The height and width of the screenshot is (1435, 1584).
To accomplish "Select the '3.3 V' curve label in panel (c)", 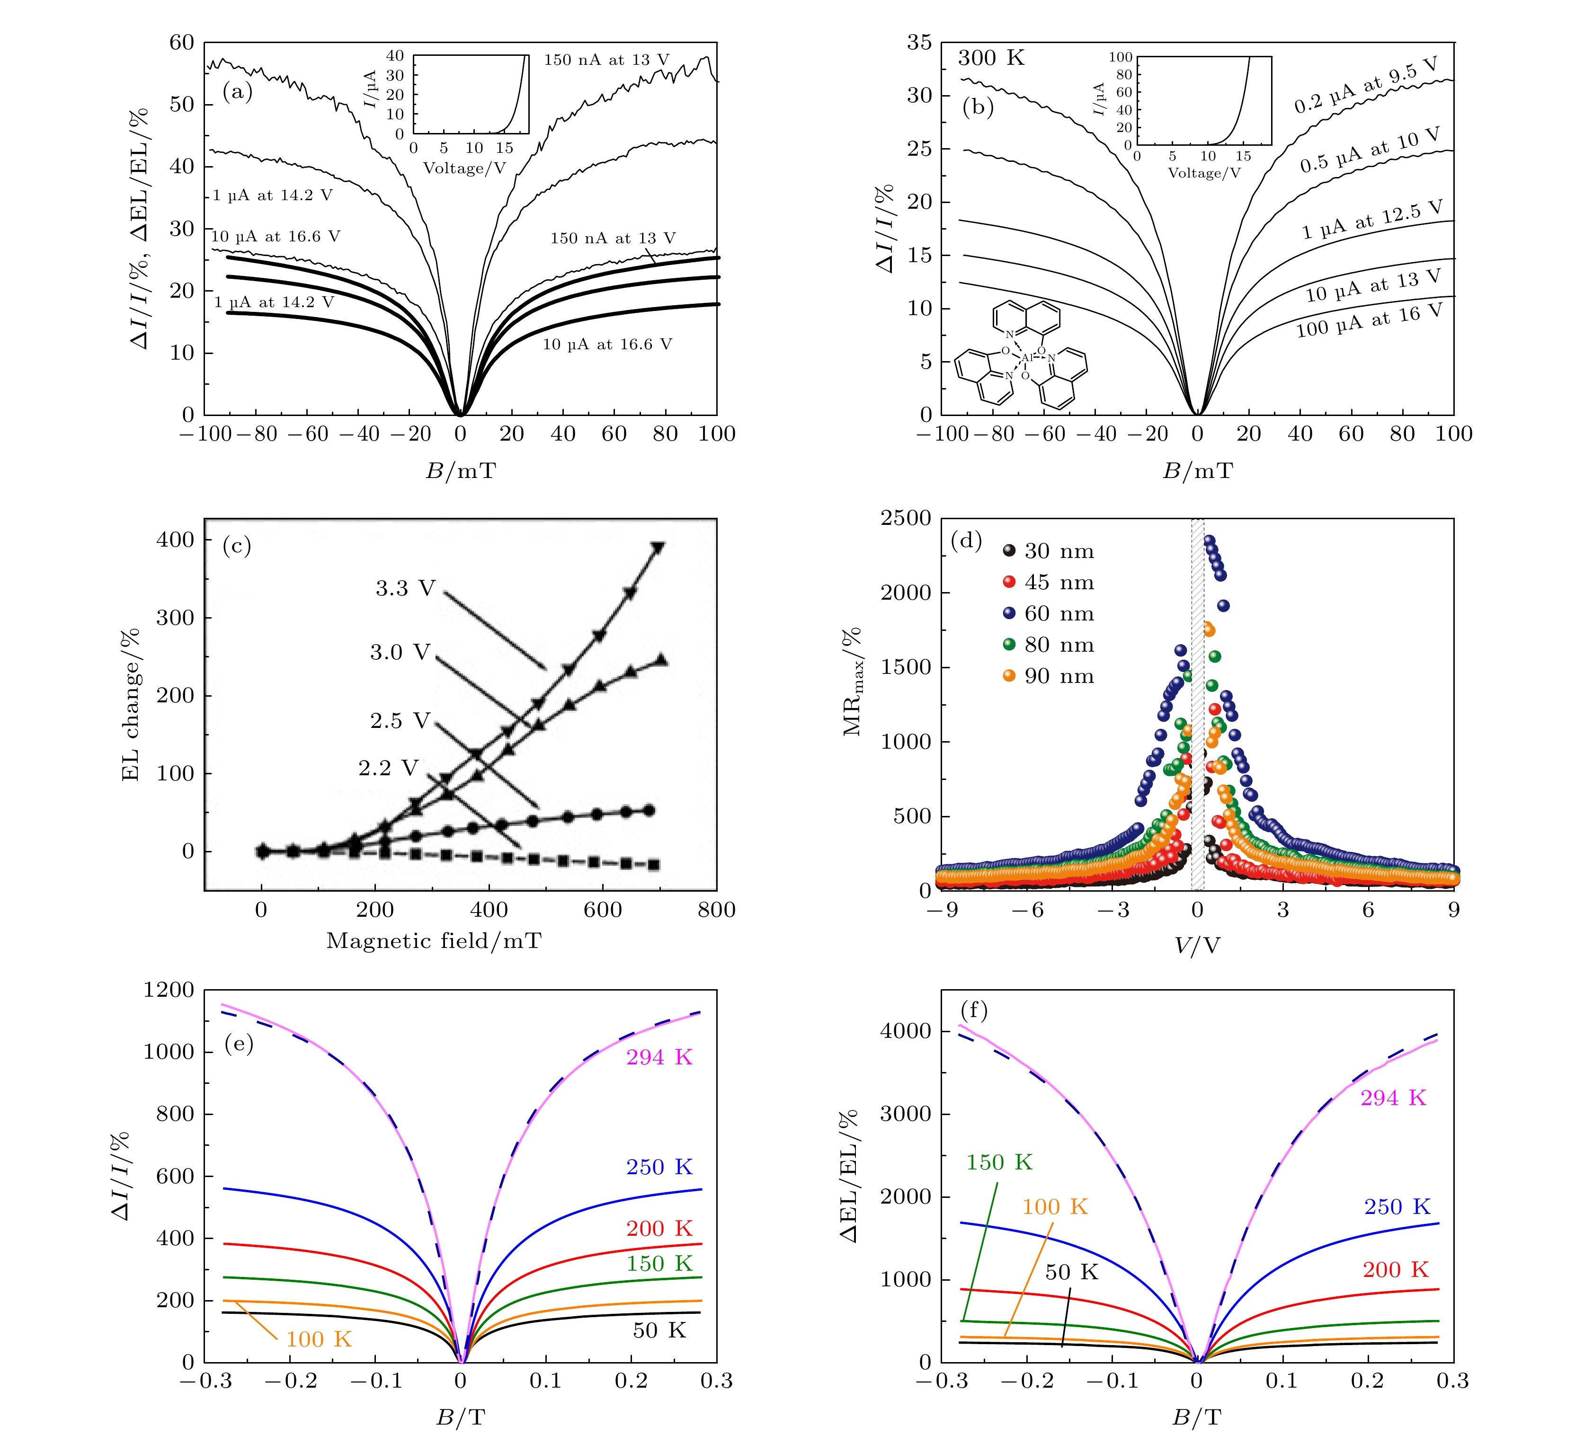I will [x=405, y=588].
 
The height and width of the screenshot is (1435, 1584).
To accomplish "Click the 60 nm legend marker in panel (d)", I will [x=1009, y=613].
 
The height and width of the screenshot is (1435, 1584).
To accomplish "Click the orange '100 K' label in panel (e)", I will [x=318, y=1339].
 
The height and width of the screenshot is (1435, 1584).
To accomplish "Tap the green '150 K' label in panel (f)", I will [x=999, y=1162].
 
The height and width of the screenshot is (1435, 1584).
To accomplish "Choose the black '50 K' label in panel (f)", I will [x=1071, y=1272].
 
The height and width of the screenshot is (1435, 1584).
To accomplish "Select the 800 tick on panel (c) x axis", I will [x=717, y=910].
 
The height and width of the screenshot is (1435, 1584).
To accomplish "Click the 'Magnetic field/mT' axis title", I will [x=434, y=941].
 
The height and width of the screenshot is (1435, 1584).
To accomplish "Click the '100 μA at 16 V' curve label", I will [x=1369, y=321].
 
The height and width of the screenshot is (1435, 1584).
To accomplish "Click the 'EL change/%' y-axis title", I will [x=131, y=705].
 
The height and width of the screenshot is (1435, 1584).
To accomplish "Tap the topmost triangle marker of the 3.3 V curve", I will [x=658, y=548].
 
